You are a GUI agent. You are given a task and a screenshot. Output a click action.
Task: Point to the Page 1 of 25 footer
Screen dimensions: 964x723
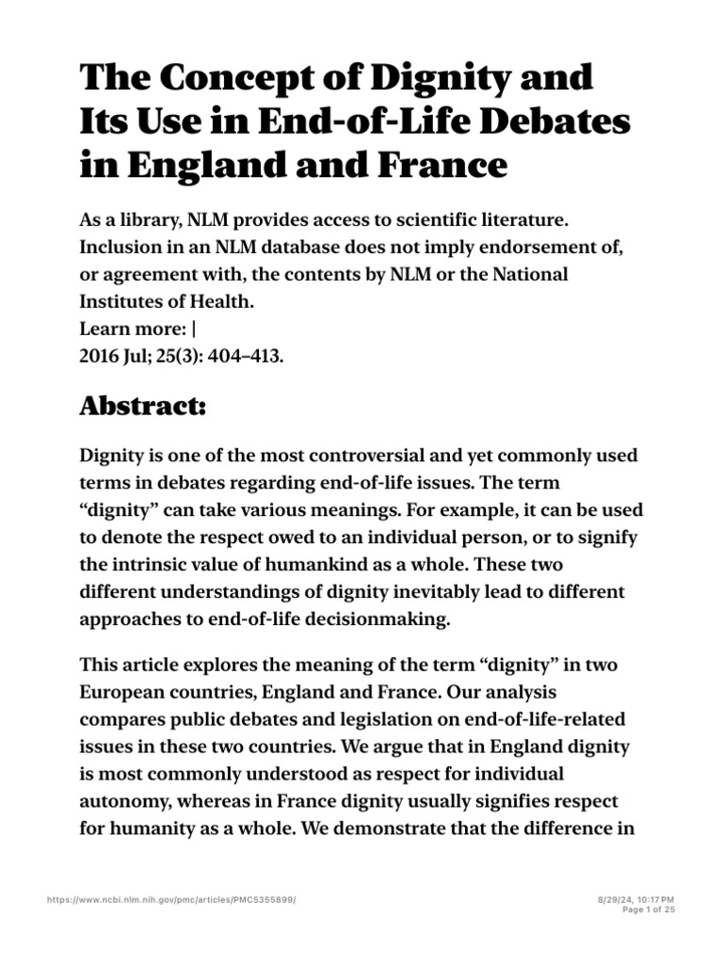[649, 911]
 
